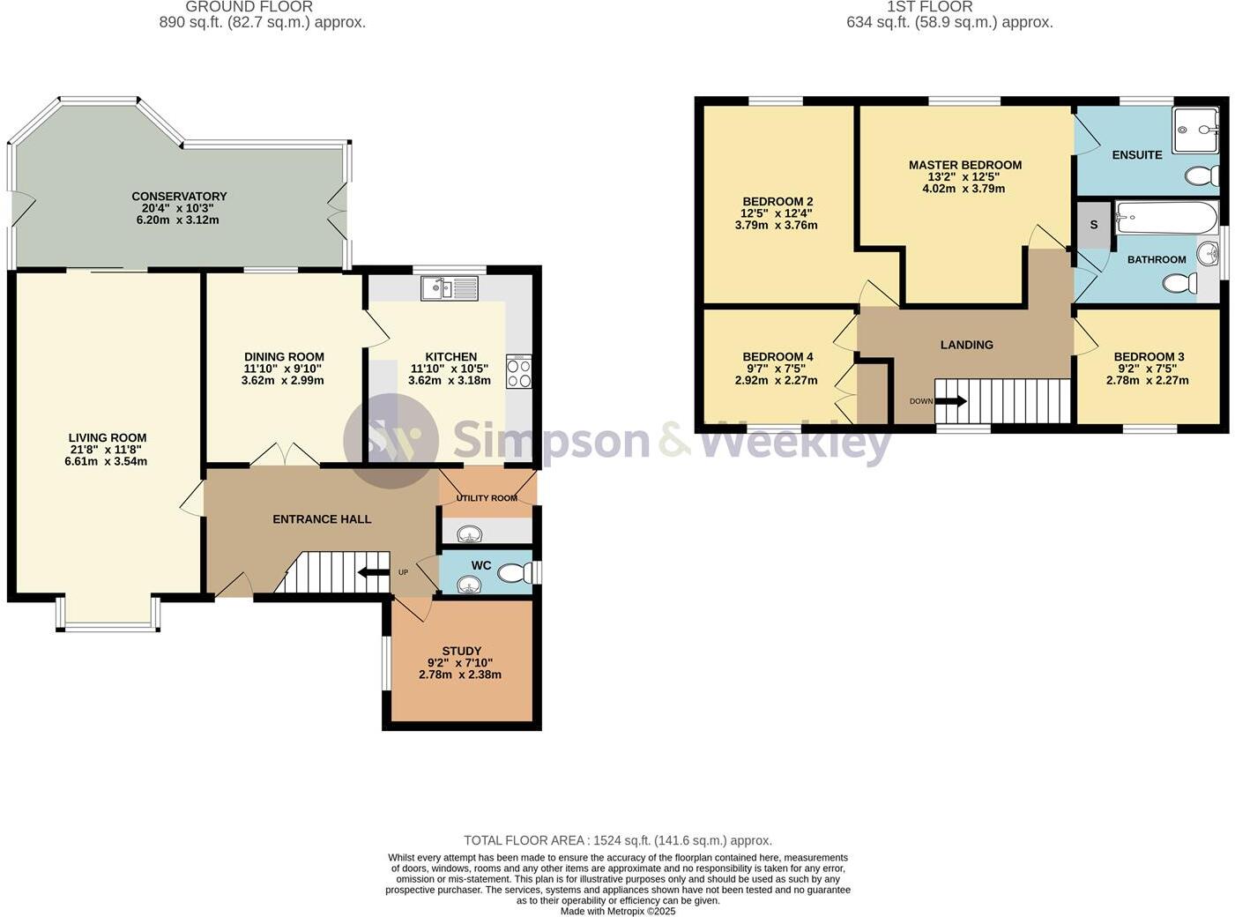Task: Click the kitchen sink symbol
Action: pos(449,287)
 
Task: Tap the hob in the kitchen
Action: pos(518,372)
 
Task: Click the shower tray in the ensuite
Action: pos(1195,130)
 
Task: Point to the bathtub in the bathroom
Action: pos(1165,217)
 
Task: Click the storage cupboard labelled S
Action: pos(1094,225)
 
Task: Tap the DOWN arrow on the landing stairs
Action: pos(949,401)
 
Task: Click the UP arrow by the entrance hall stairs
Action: pos(374,572)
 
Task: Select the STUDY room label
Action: pos(461,652)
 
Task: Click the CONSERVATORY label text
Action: pos(179,197)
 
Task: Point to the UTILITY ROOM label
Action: pos(487,498)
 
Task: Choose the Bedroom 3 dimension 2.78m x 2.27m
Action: pos(1148,381)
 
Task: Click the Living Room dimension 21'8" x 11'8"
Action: pos(108,450)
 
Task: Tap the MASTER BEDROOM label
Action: pos(965,165)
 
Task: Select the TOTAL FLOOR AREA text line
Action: pos(617,840)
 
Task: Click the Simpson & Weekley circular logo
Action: pos(391,440)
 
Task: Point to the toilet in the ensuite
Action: pos(1200,176)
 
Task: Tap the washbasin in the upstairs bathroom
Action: pos(1208,254)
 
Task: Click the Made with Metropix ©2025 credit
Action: pos(617,911)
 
